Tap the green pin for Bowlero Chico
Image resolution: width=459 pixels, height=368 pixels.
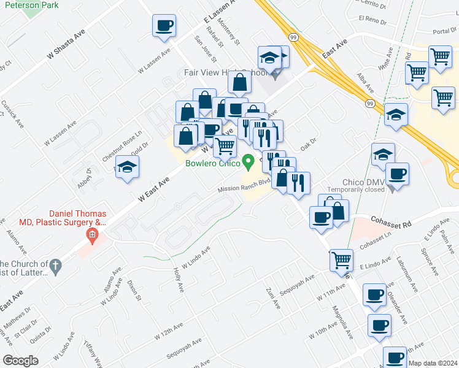point(249,163)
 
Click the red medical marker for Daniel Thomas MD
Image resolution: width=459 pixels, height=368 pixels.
point(92,234)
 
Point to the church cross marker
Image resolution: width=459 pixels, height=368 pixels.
point(55,266)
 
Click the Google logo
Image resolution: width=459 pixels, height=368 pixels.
point(20,361)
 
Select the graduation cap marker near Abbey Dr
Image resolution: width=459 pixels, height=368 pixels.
point(127,167)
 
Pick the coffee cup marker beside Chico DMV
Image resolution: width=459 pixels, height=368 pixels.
point(397,174)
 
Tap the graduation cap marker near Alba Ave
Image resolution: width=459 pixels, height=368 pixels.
point(396,115)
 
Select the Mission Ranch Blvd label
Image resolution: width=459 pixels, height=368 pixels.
point(244,185)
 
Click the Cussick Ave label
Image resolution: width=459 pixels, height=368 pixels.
point(12,113)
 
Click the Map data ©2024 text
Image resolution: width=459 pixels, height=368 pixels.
point(433,363)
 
